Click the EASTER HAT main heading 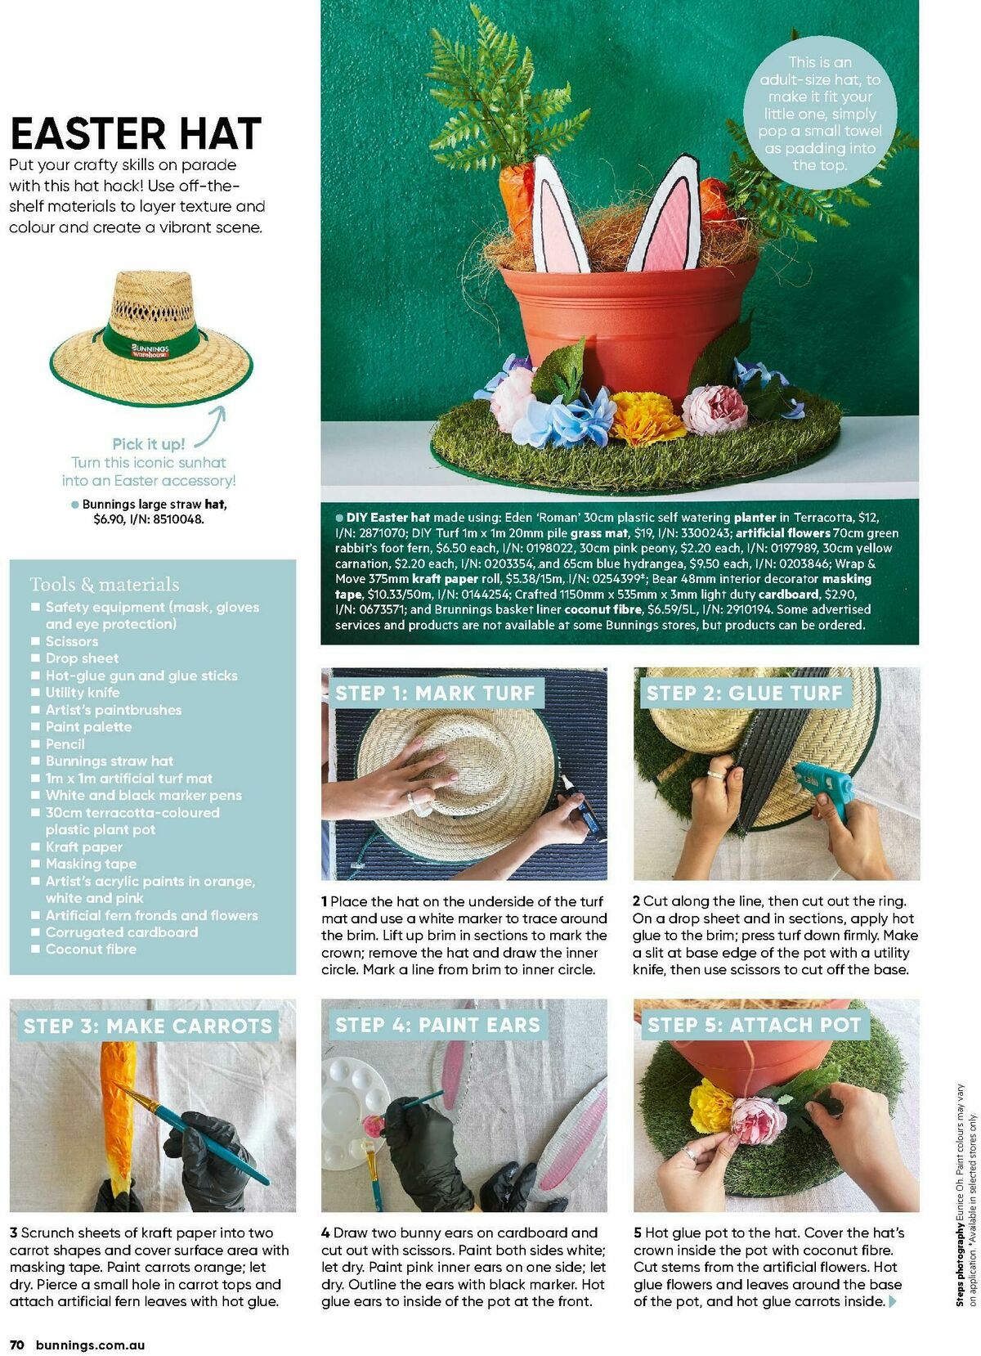(136, 133)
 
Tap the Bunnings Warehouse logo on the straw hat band (150, 351)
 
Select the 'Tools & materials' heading (105, 584)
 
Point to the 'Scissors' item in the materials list (72, 641)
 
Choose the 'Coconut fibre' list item (91, 949)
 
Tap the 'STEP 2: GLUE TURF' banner (744, 693)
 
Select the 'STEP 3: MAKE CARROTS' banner (147, 1026)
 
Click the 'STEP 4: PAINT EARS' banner (437, 1025)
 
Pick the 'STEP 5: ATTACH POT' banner (754, 1025)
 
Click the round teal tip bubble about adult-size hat (820, 113)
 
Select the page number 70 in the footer (18, 1345)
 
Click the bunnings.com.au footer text (91, 1345)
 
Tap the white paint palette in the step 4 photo (356, 1094)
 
